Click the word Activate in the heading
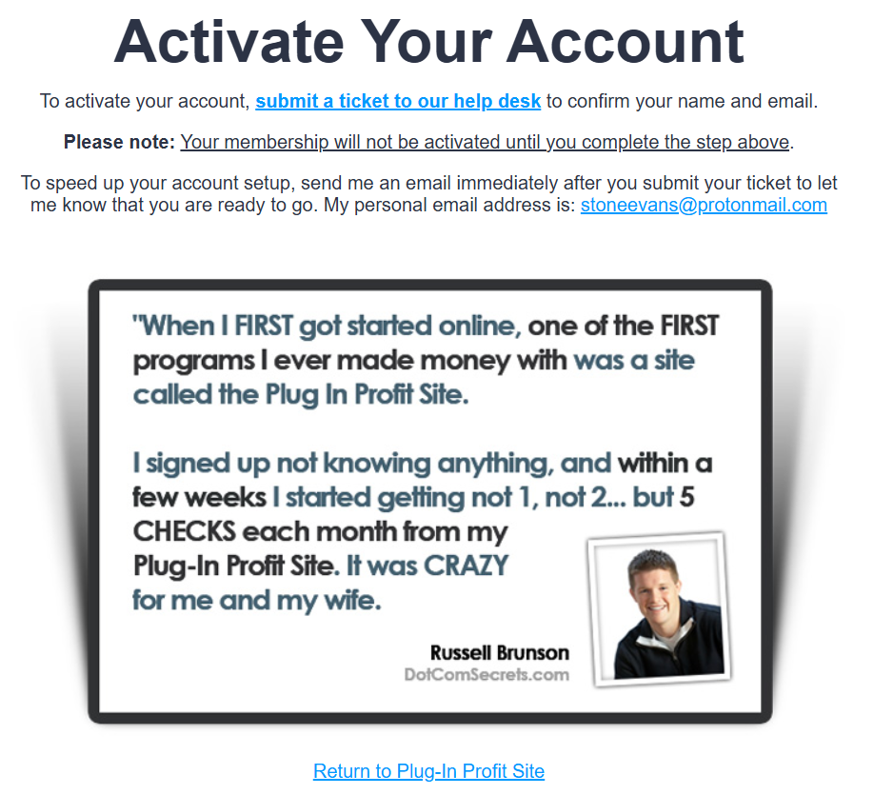(229, 41)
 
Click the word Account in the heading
(626, 41)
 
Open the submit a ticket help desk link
(398, 101)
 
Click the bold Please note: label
(119, 142)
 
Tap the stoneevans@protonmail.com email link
(704, 205)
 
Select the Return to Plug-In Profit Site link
(428, 771)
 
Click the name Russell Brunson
(500, 653)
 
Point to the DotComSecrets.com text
(487, 675)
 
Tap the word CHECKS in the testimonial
(185, 531)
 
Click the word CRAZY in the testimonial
(466, 566)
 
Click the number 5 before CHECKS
(687, 497)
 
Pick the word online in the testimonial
(479, 327)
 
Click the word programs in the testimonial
(194, 361)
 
